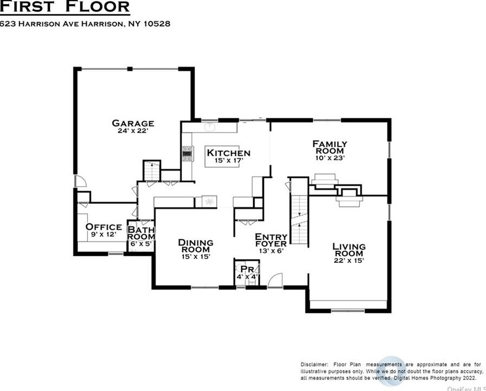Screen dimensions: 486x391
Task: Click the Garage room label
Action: [x=133, y=123]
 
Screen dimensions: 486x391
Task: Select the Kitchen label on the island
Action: [x=228, y=153]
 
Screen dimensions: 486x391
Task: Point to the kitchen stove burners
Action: [x=187, y=154]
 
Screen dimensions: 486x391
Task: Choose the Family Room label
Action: [x=330, y=147]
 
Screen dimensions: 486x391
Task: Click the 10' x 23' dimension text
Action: [x=330, y=157]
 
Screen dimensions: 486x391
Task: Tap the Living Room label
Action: [x=349, y=250]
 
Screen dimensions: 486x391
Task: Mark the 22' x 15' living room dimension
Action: [x=349, y=260]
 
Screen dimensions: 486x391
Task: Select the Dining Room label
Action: [x=196, y=246]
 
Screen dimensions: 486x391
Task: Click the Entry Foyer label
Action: [x=271, y=241]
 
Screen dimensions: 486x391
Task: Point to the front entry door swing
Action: [x=276, y=280]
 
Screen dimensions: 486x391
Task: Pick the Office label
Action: [x=104, y=227]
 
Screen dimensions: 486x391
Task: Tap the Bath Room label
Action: [x=142, y=234]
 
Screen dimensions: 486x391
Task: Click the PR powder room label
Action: [x=247, y=269]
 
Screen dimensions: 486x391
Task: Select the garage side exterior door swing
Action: [x=81, y=181]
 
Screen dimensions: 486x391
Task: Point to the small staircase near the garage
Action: [x=151, y=171]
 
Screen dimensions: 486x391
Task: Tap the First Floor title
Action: [x=65, y=7]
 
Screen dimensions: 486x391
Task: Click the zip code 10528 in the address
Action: [x=157, y=24]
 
